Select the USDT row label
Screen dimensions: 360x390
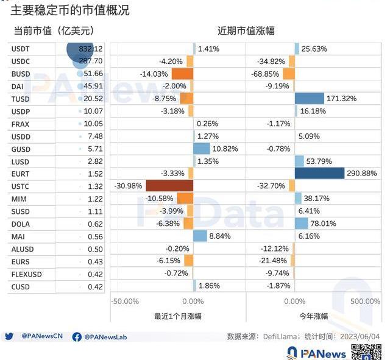tap(21, 49)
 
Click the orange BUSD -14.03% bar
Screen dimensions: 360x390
tap(182, 74)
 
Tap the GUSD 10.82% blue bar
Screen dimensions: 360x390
tap(201, 149)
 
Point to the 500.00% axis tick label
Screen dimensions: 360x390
tap(366, 302)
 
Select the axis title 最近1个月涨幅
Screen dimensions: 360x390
tap(177, 316)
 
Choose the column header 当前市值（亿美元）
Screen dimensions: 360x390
tap(54, 30)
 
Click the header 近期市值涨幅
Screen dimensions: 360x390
tap(246, 30)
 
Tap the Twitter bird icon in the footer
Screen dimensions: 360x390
tap(9, 336)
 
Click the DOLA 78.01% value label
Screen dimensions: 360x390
tap(323, 224)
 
